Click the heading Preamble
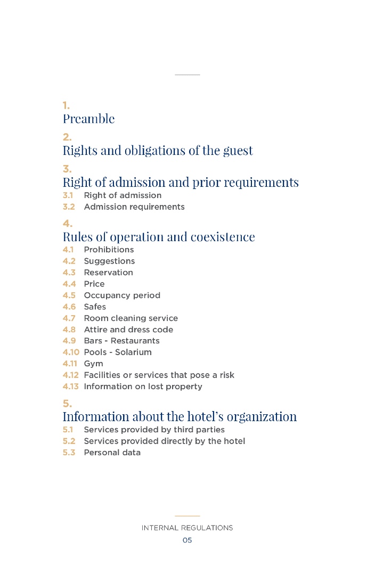pyautogui.click(x=88, y=119)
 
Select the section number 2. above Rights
pyautogui.click(x=67, y=137)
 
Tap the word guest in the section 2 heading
pyautogui.click(x=238, y=151)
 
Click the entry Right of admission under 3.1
pyautogui.click(x=123, y=195)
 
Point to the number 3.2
pyautogui.click(x=68, y=207)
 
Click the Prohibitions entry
pyautogui.click(x=109, y=250)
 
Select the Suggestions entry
pyautogui.click(x=109, y=261)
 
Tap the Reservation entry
pyautogui.click(x=108, y=273)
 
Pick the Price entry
pyautogui.click(x=94, y=284)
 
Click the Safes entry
pyautogui.click(x=95, y=307)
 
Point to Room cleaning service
pyautogui.click(x=131, y=318)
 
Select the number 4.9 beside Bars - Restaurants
pyautogui.click(x=69, y=341)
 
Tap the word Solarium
pyautogui.click(x=133, y=352)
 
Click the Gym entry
pyautogui.click(x=93, y=364)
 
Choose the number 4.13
pyautogui.click(x=70, y=387)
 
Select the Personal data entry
pyautogui.click(x=112, y=453)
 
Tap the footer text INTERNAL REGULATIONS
pyautogui.click(x=187, y=528)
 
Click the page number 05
pyautogui.click(x=187, y=540)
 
